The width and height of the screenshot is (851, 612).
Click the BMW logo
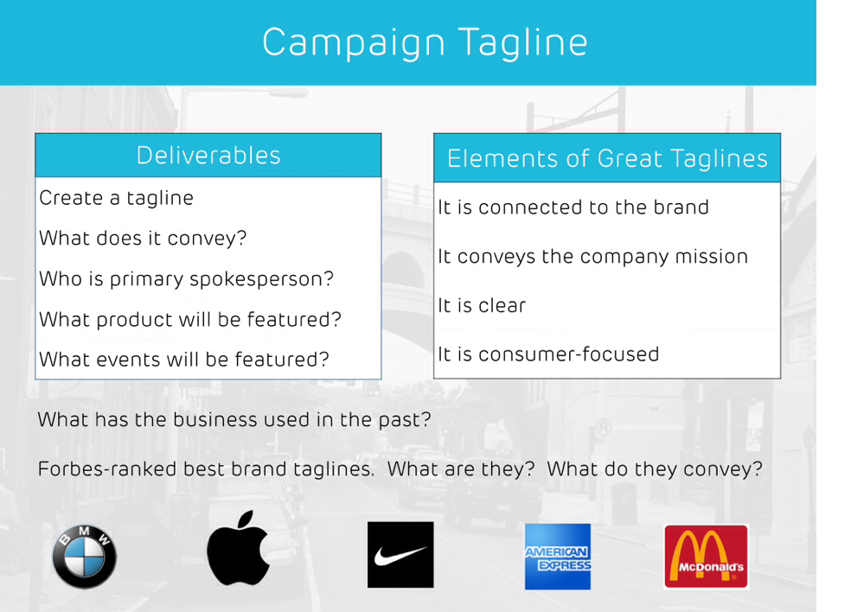coord(85,557)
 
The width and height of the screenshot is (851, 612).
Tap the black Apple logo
coord(238,548)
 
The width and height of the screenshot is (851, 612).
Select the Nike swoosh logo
coord(400,554)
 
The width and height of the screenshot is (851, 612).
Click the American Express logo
coord(558,557)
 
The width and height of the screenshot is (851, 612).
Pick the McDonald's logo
coord(707,557)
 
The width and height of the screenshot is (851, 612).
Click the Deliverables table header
coord(208,156)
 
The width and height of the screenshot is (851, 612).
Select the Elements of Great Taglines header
coord(607,158)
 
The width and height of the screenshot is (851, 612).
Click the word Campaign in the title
coord(354,43)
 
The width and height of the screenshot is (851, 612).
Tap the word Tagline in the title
coord(523,42)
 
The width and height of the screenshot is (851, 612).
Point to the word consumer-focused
coord(569,354)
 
